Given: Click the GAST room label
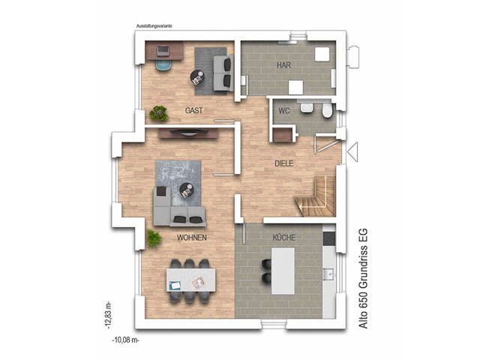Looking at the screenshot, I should coord(193,110).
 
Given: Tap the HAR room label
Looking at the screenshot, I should coord(283,65).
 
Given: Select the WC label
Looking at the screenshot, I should coord(283,110).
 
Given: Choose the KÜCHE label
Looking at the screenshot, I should coord(283,237).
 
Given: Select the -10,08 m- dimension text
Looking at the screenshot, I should coord(124,339).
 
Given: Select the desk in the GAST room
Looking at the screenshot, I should coord(164,52).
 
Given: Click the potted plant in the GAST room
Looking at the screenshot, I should coord(158,113).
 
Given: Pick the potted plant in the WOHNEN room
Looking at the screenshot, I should coord(154,238).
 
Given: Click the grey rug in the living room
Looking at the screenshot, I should coord(178,180).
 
